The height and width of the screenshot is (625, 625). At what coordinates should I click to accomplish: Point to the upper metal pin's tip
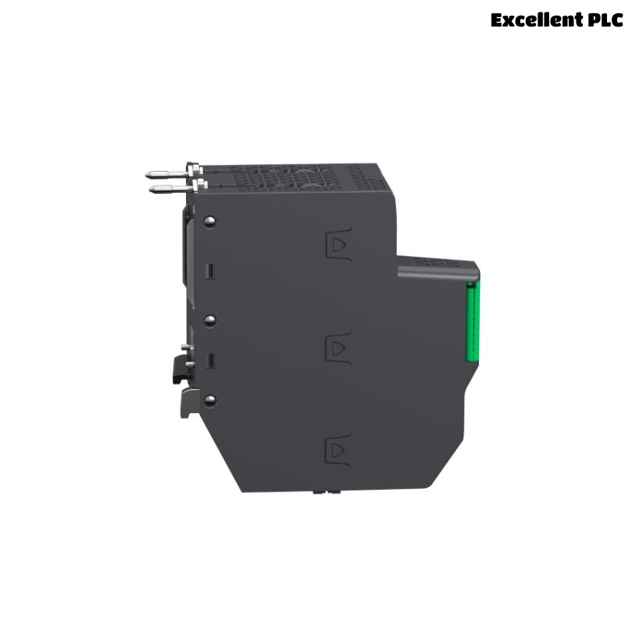tap(147, 173)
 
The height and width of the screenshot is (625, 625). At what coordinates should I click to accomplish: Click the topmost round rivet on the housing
tap(209, 221)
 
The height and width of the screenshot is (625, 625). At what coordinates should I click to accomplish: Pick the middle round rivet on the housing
tap(209, 320)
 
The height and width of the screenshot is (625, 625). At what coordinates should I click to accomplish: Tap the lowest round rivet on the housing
tap(209, 400)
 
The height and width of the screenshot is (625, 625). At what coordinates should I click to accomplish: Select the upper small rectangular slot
tap(210, 271)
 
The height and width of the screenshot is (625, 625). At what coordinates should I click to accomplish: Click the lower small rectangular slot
tap(210, 361)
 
